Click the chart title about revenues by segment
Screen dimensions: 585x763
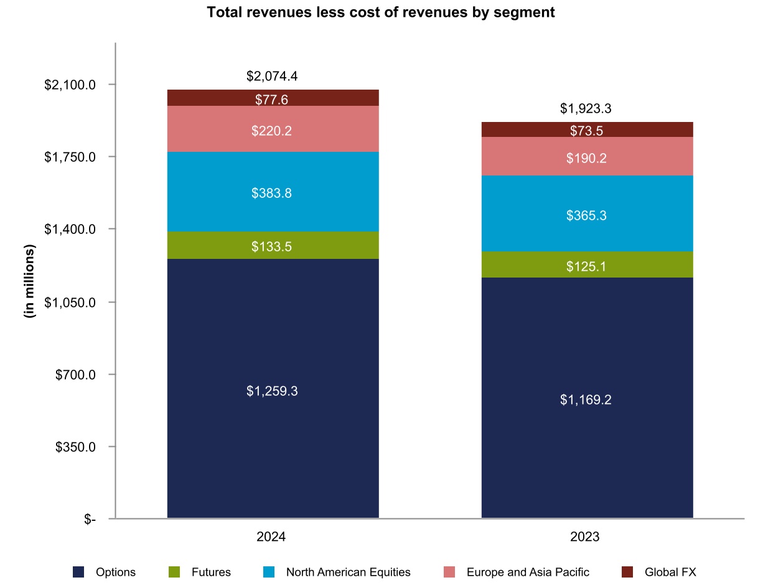(380, 12)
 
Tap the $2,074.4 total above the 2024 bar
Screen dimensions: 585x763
(272, 77)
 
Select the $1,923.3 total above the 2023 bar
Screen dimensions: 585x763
(586, 109)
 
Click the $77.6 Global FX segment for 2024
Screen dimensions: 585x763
(273, 98)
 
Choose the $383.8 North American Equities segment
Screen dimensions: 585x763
(273, 192)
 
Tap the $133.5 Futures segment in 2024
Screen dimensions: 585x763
(273, 246)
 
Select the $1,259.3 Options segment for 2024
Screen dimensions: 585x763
(273, 391)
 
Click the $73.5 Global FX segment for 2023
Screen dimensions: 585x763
(587, 130)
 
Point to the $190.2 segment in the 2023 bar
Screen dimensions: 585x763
(587, 157)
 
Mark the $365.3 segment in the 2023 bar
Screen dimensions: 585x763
(587, 215)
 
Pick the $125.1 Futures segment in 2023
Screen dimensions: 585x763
(587, 266)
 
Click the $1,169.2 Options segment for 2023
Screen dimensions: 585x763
(587, 399)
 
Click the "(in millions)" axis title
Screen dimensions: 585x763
(29, 281)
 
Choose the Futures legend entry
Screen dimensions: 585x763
(200, 572)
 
